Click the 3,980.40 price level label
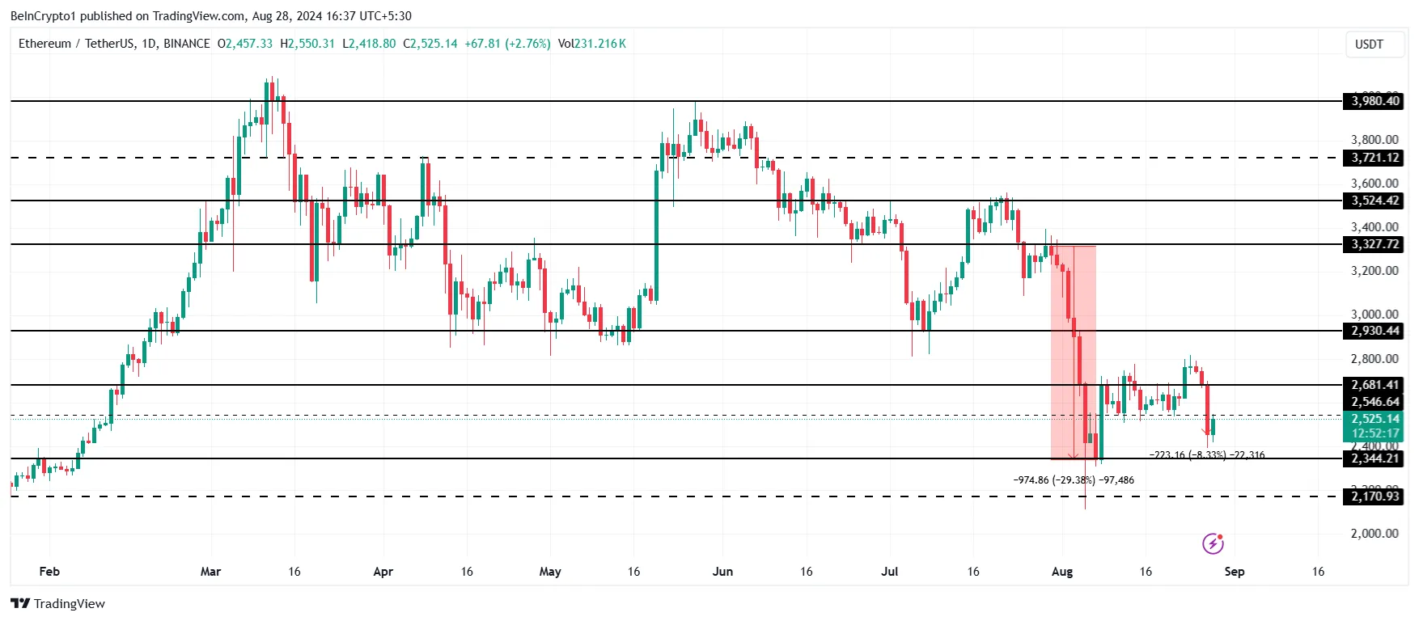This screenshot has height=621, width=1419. [1375, 101]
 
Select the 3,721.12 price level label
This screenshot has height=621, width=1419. [1375, 158]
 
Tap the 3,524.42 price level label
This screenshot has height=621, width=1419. [1375, 201]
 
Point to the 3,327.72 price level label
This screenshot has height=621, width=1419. [1375, 244]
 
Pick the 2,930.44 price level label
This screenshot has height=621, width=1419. [1375, 331]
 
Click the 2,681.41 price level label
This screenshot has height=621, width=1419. [1375, 385]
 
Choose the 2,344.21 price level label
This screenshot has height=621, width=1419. [1375, 458]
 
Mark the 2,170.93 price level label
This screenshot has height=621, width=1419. [1375, 496]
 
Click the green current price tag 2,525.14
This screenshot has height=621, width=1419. [1375, 419]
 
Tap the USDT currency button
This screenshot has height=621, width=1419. [1369, 44]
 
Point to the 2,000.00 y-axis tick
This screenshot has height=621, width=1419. [1374, 534]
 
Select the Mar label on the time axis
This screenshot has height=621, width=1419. [210, 572]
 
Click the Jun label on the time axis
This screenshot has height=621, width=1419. [722, 572]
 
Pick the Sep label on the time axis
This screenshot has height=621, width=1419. [1234, 572]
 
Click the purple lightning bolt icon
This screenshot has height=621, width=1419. [1213, 543]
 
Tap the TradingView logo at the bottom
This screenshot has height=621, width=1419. [58, 604]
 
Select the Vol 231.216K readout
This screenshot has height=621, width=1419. [591, 44]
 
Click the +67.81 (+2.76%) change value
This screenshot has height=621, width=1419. [507, 44]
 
